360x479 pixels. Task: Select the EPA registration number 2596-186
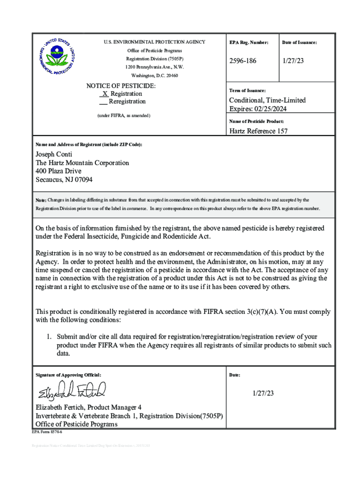click(x=243, y=61)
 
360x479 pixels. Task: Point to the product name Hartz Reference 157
click(x=258, y=131)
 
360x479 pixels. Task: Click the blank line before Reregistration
click(x=103, y=102)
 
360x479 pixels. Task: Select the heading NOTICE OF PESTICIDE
click(x=121, y=86)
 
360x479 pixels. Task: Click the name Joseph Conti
click(x=54, y=155)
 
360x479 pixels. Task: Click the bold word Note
click(x=41, y=200)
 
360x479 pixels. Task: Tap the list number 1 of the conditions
click(x=48, y=337)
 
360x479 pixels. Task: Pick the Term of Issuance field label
click(x=247, y=90)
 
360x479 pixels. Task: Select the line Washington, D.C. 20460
click(x=154, y=75)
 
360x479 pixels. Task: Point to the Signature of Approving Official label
click(x=68, y=375)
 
